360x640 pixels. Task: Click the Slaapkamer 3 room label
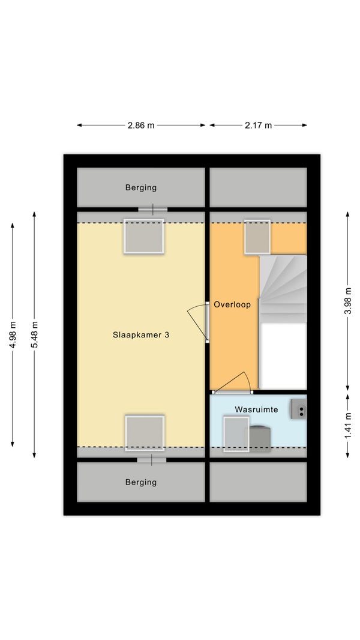pyautogui.click(x=140, y=335)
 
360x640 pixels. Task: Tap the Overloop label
pyautogui.click(x=232, y=304)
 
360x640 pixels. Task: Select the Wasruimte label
pyautogui.click(x=256, y=409)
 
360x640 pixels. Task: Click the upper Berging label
pyautogui.click(x=140, y=188)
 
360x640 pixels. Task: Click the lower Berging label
pyautogui.click(x=140, y=482)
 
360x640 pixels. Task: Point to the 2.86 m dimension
pyautogui.click(x=141, y=125)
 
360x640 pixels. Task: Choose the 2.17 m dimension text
pyautogui.click(x=258, y=125)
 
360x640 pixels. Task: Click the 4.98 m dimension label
pyautogui.click(x=13, y=334)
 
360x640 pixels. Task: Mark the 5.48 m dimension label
pyautogui.click(x=34, y=334)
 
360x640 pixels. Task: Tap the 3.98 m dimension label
pyautogui.click(x=348, y=301)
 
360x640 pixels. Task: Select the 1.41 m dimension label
pyautogui.click(x=348, y=426)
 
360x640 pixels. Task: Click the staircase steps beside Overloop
pyautogui.click(x=283, y=289)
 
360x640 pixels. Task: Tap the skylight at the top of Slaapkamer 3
pyautogui.click(x=144, y=237)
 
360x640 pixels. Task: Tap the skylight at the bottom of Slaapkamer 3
pyautogui.click(x=145, y=433)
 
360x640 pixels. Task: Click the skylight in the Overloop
pyautogui.click(x=257, y=237)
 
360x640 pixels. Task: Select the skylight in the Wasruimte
pyautogui.click(x=236, y=434)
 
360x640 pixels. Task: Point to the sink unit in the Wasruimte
pyautogui.click(x=299, y=409)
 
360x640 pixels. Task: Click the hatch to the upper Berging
pyautogui.click(x=153, y=210)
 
